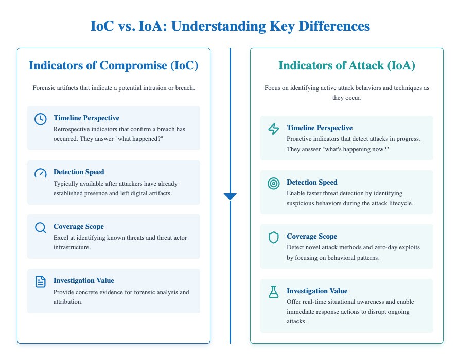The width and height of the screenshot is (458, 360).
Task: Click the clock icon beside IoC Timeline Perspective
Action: coord(40,119)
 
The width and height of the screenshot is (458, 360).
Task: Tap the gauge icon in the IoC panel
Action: coord(40,173)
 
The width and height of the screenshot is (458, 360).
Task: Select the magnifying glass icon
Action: coord(40,227)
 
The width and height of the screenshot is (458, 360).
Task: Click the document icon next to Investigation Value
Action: coord(40,281)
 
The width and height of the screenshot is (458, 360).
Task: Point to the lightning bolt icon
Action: coord(273,129)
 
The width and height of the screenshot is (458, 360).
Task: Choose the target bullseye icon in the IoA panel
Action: coord(273,183)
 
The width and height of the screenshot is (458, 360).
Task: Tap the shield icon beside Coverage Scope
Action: coord(273,237)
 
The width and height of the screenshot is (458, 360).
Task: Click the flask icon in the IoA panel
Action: coord(273,292)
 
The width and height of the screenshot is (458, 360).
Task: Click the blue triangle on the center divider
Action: coord(230,196)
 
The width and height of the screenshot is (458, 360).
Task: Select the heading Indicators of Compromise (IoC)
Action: coord(113,66)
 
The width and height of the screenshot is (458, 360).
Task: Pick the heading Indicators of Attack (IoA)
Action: coord(346,66)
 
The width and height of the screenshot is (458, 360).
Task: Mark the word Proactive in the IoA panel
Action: coord(302,139)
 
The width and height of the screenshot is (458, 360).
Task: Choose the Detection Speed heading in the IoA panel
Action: coord(312,183)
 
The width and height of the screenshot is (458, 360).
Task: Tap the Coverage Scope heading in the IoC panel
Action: coord(79,226)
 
